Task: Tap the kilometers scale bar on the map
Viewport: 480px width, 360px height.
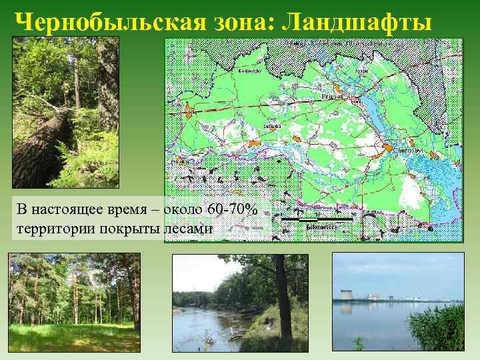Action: pyautogui.click(x=317, y=219)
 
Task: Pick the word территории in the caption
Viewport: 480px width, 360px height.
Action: pyautogui.click(x=50, y=229)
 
